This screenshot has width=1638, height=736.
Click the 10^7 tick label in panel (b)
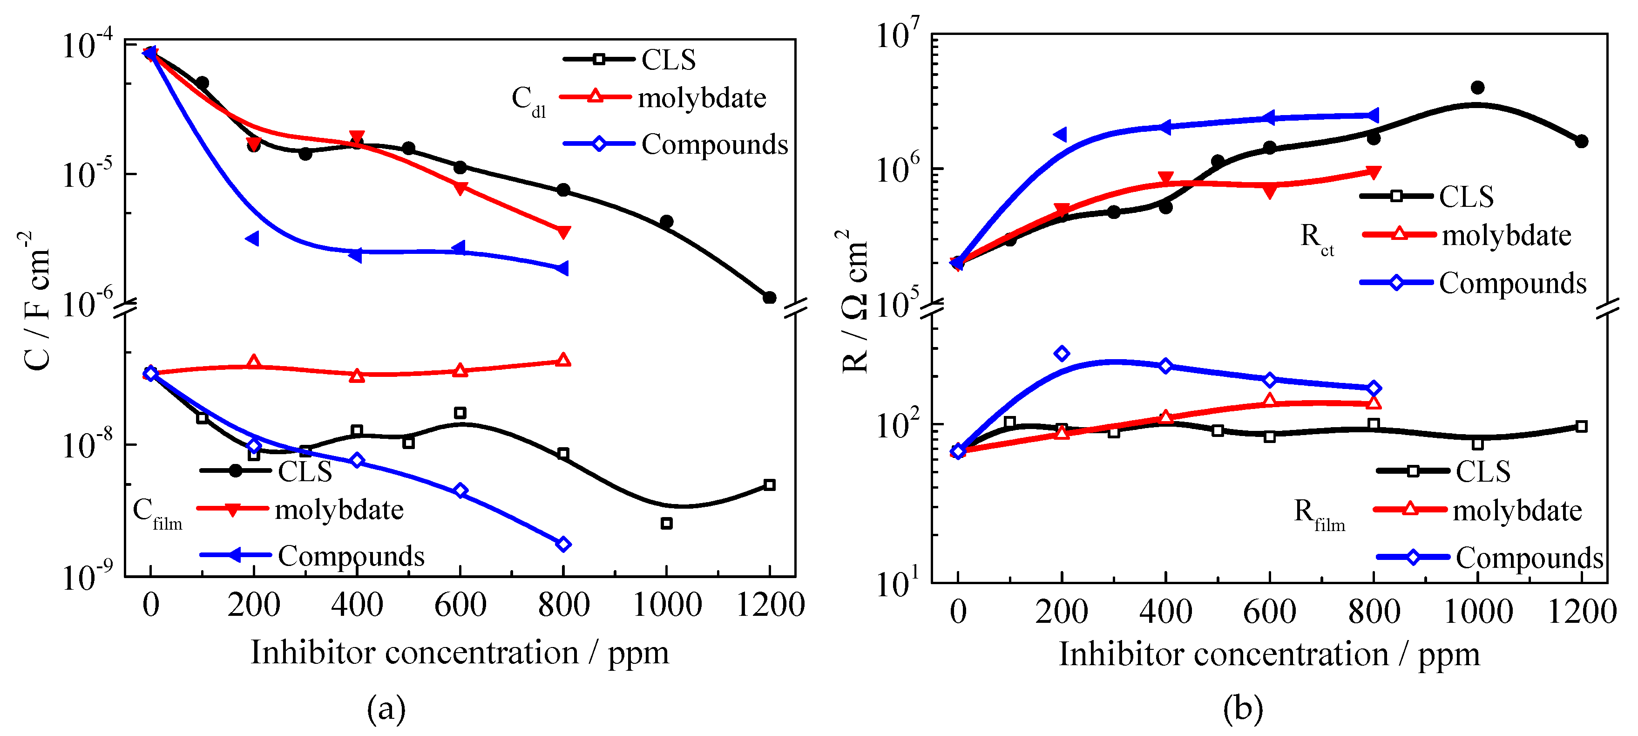897,35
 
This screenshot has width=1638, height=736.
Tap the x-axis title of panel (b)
1269,654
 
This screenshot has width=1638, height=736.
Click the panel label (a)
386,708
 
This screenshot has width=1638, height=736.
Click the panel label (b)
1243,708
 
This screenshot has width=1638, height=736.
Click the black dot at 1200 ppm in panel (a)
769,298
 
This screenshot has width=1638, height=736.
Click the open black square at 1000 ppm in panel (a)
666,524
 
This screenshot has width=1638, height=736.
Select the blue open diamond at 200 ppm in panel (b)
1061,354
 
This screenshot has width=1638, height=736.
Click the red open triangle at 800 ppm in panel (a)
563,360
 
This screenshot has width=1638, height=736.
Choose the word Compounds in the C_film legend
351,556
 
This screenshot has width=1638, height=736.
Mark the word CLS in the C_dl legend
668,60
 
